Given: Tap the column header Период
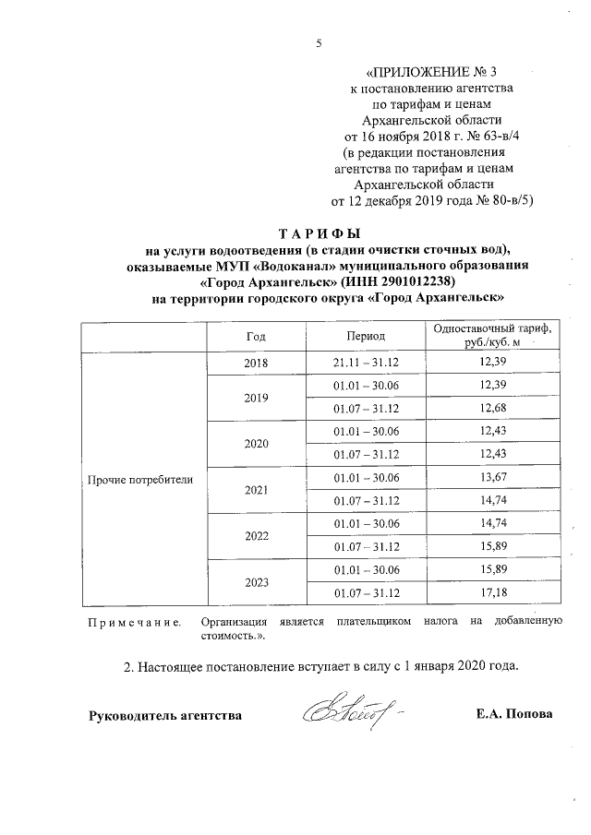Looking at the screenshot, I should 366,337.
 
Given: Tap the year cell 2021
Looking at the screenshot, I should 255,490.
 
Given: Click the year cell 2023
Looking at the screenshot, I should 255,581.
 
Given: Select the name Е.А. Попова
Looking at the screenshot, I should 515,715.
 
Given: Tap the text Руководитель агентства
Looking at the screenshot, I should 165,715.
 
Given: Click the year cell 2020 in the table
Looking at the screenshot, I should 255,444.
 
